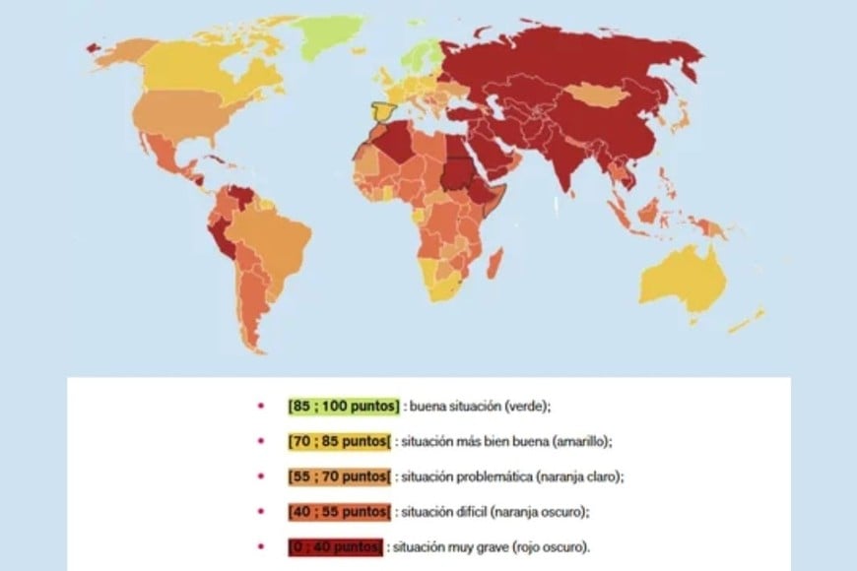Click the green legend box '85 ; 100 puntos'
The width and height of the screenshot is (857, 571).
pos(344,405)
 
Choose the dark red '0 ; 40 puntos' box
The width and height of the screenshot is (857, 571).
pos(335,547)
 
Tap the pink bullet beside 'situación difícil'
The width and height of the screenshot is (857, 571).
pos(261,512)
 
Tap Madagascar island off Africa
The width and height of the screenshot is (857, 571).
pos(495,264)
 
